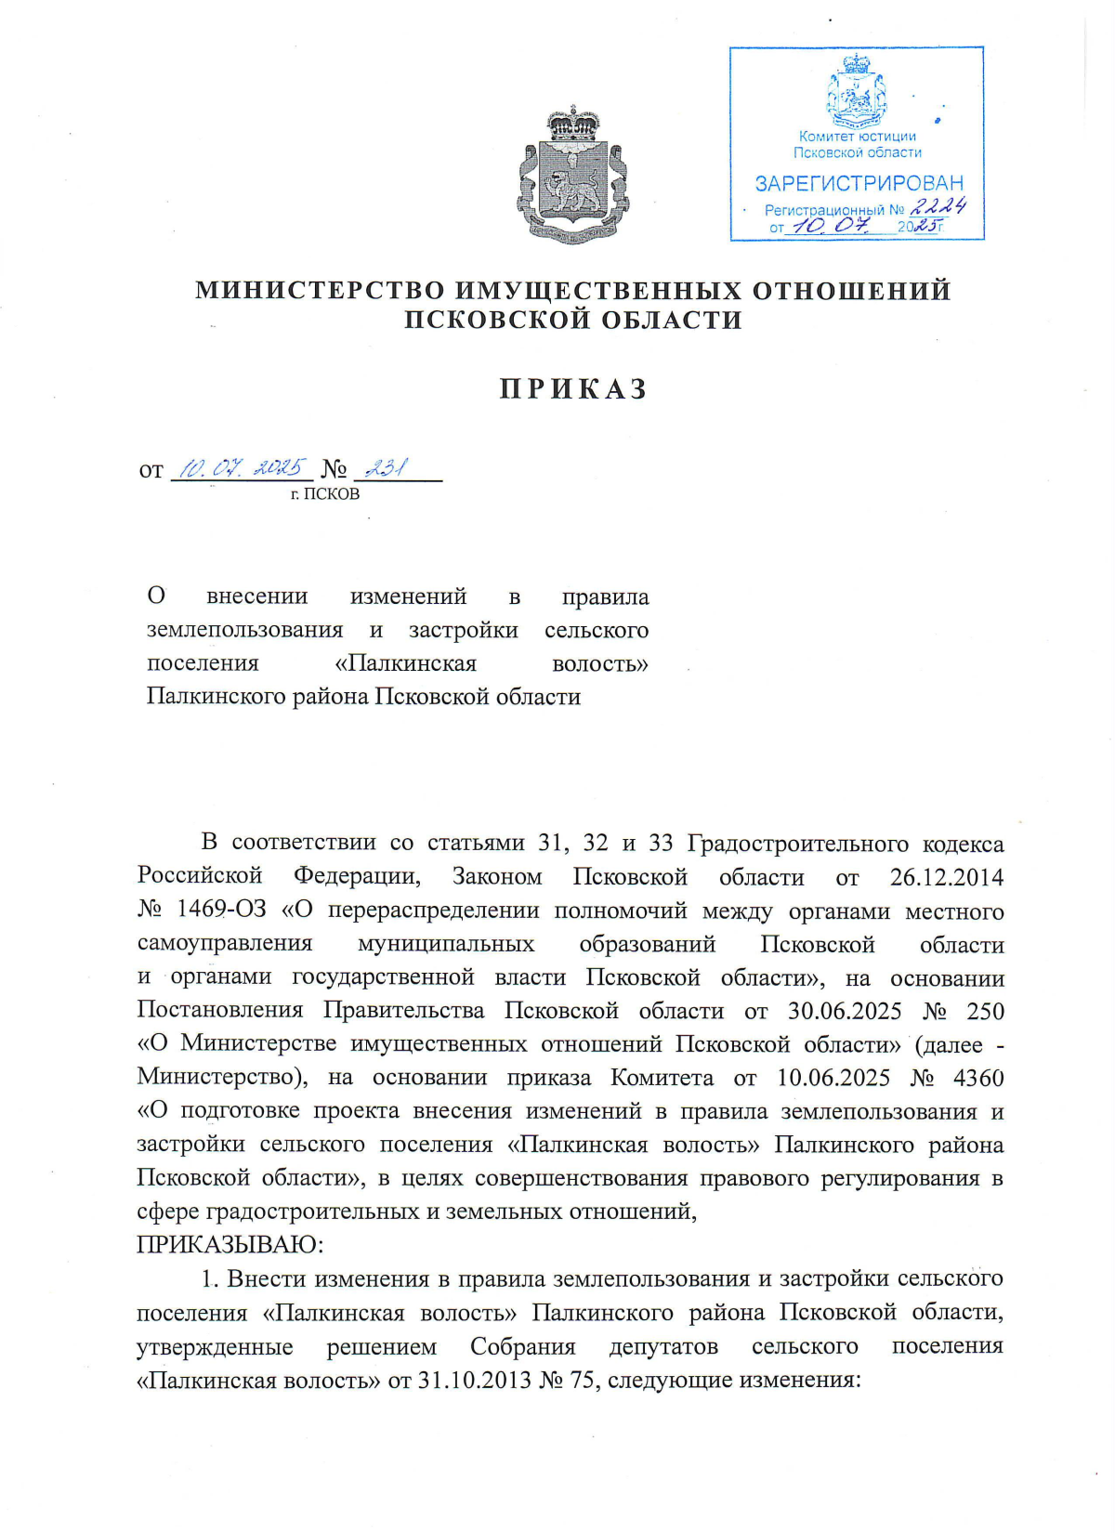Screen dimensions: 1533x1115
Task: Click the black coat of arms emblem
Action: [x=572, y=176]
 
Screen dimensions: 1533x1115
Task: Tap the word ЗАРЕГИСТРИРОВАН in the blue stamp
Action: [x=859, y=183]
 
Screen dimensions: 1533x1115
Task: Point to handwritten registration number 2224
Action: [x=938, y=206]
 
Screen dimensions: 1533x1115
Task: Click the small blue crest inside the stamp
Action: [x=856, y=91]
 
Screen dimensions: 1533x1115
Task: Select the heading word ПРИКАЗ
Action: [x=573, y=388]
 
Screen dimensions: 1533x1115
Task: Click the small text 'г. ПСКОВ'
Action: [x=325, y=494]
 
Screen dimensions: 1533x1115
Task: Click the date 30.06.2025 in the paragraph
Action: [x=845, y=1011]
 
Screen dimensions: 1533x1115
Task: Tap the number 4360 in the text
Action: [x=978, y=1078]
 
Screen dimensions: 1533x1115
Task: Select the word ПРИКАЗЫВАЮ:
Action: [x=230, y=1244]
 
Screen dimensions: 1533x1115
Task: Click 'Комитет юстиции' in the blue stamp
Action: [x=857, y=137]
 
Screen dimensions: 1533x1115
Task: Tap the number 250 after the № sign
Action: [x=985, y=1011]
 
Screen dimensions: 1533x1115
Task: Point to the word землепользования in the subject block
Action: [x=244, y=630]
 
